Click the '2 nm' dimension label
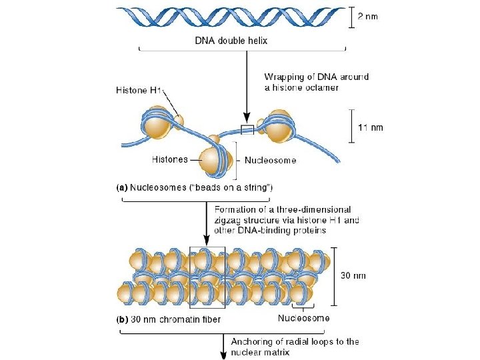coord(367,17)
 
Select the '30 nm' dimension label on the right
coord(353,275)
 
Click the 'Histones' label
coord(170,160)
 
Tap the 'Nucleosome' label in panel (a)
coord(270,160)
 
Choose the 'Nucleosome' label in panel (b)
coord(303,318)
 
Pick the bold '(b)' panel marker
coord(122,319)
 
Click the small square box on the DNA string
coord(247,129)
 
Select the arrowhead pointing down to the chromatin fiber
coord(206,239)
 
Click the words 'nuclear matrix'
coord(260,353)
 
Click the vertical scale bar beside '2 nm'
coord(352,17)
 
